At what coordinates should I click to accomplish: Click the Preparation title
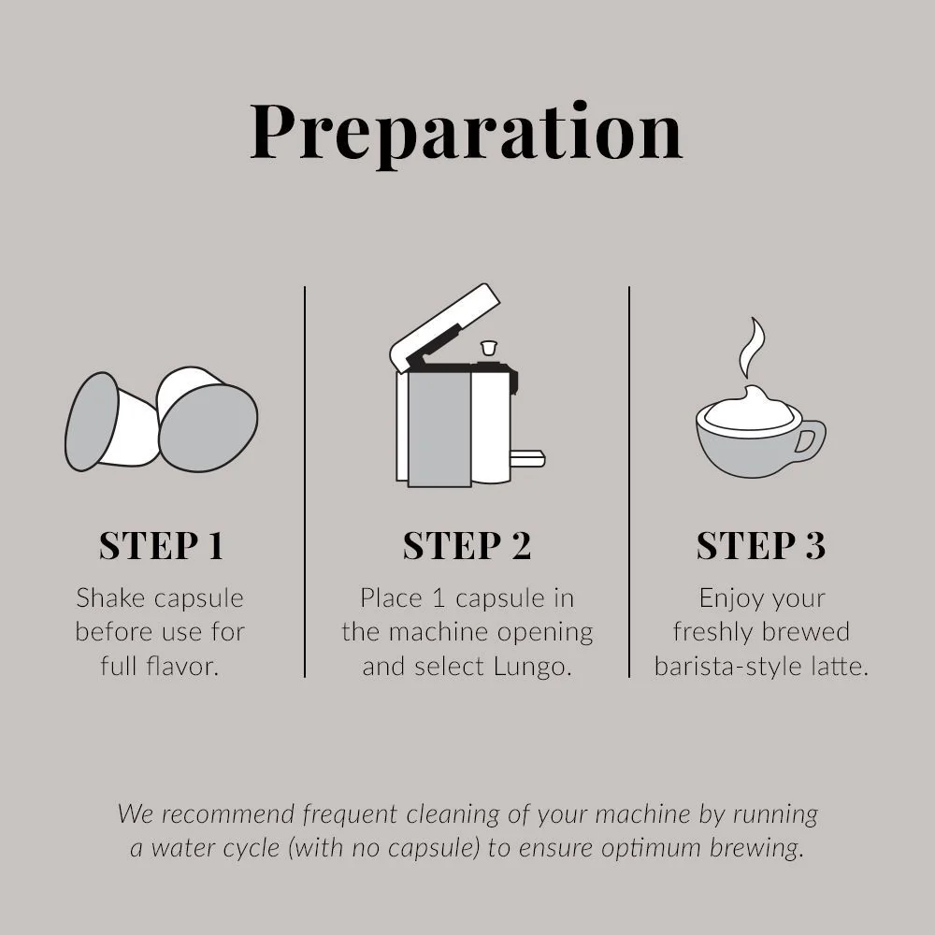pos(467,134)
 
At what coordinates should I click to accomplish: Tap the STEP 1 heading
pos(162,545)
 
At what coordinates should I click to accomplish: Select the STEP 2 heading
pos(467,545)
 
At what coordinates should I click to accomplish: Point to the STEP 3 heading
pos(761,545)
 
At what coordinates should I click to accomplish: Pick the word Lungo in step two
pos(533,667)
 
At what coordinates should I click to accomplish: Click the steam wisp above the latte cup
pos(752,347)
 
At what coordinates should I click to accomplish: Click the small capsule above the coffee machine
pos(489,348)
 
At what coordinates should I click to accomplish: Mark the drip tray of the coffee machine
pos(527,458)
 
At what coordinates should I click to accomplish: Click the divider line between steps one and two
pos(305,482)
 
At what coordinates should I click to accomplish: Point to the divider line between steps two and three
pos(629,482)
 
